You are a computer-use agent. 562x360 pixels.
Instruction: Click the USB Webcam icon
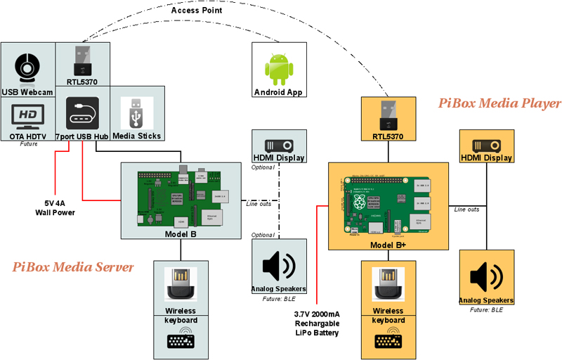tap(27, 67)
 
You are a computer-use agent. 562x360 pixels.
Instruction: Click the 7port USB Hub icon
tap(81, 112)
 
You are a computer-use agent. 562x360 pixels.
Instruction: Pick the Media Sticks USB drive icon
tap(136, 112)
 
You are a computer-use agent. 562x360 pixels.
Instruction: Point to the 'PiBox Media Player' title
tap(499, 103)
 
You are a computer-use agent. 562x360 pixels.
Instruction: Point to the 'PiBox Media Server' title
tap(73, 266)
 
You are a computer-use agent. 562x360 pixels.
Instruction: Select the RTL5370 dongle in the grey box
tap(82, 60)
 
